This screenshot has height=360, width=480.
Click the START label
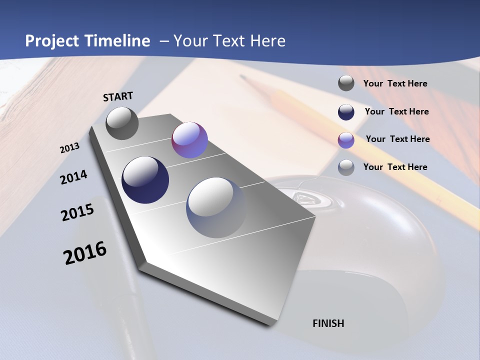pos(118,96)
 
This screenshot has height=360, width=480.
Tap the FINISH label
pos(328,323)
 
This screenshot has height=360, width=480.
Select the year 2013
pos(69,148)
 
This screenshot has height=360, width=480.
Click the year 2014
pos(73,177)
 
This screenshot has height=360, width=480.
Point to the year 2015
pos(77,212)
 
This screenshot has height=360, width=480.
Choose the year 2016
pos(85,252)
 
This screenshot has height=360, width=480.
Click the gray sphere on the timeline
pos(122,123)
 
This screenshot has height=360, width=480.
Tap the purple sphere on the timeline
pos(189,140)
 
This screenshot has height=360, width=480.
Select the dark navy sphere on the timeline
pos(145,180)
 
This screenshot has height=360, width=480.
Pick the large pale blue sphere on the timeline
pos(216,207)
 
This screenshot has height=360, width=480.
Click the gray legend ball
pos(346,83)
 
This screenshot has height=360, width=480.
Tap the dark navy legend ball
pos(346,112)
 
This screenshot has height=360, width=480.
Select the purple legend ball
pos(346,140)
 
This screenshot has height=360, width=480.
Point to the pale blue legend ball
pos(346,167)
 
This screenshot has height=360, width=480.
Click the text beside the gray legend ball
pos(395,83)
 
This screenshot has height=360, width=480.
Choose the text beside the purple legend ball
pos(397,139)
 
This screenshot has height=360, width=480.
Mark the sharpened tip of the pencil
pos(243,77)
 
